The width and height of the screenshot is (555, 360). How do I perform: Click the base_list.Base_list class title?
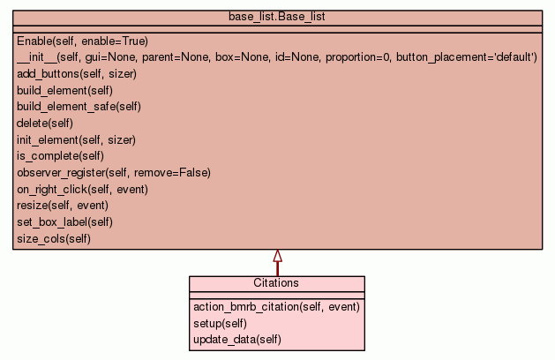277,16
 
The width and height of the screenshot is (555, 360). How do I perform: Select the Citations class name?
276,283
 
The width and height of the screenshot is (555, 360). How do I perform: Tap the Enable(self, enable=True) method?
82,41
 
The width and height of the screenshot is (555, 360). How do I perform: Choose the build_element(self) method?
64,90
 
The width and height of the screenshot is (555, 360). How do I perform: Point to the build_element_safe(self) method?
79,107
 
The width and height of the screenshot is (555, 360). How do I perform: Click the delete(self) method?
44,123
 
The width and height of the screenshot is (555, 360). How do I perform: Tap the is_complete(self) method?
60,156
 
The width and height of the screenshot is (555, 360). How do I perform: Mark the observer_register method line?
114,172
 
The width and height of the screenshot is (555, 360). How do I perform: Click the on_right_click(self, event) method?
82,189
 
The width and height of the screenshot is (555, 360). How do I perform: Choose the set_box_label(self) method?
64,221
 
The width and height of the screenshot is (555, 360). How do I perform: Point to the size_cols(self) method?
54,238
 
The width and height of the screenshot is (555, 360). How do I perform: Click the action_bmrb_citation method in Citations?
276,306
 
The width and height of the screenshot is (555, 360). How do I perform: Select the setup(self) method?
220,323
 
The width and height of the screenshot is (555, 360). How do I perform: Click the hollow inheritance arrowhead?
277,256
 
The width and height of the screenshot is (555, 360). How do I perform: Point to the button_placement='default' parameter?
467,57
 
